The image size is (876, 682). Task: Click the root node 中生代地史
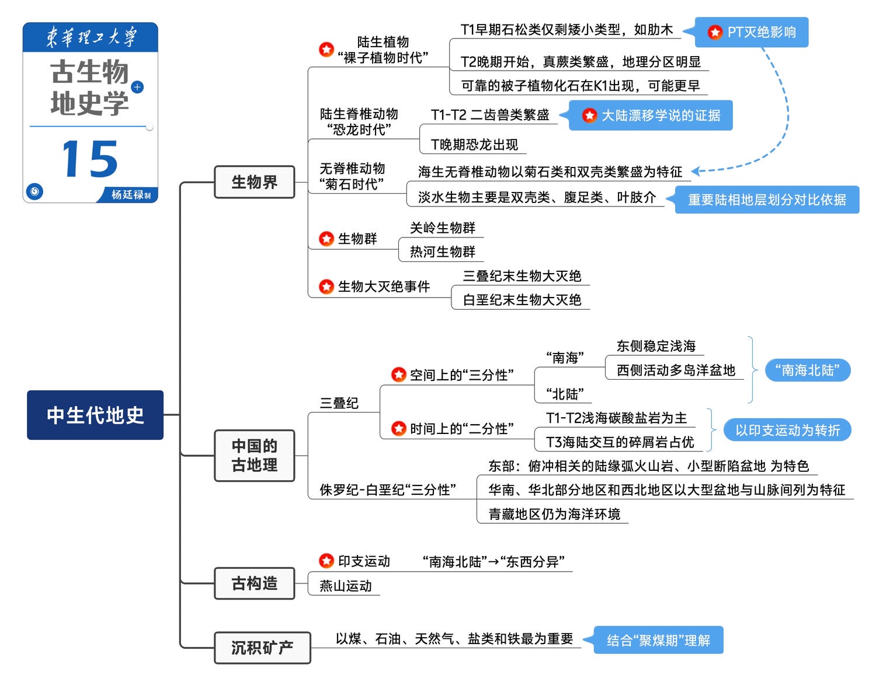pos(95,415)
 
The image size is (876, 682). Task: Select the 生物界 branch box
pos(255,182)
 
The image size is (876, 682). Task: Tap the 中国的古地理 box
pos(255,455)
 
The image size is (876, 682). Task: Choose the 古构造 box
pos(255,583)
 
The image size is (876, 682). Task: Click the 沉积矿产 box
pos(262,648)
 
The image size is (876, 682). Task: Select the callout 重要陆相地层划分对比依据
pos(766,200)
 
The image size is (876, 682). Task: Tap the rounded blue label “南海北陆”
pos(807,370)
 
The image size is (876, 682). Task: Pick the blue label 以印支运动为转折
pos(787,430)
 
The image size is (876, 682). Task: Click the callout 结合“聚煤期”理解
pos(659,640)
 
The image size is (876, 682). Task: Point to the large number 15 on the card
pos(90,159)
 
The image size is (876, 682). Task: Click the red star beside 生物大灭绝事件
pos(326,286)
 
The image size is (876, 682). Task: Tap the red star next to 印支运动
pos(326,561)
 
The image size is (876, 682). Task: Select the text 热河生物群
pos(443,251)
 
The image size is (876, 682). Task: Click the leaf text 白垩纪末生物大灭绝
pos(522,300)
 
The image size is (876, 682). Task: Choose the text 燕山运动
pos(346,586)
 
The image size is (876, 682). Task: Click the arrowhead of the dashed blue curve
pos(695,172)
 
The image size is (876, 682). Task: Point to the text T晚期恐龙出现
pos(474,144)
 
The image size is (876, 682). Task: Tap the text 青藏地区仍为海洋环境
pos(554,514)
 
